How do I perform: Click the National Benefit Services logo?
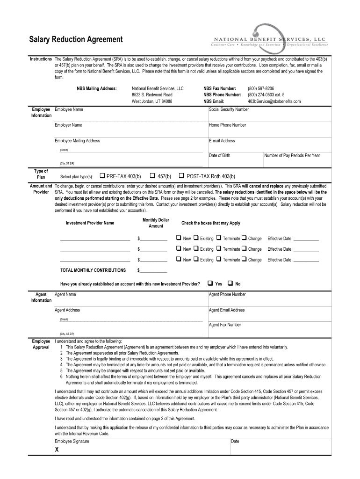[x=270, y=40]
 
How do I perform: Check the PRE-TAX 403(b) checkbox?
[x=102, y=176]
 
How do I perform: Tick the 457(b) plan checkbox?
[x=153, y=176]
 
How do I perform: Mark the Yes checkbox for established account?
[x=210, y=283]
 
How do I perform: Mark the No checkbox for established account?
[x=230, y=283]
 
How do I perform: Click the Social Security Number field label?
[x=229, y=109]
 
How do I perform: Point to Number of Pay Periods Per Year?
[x=292, y=155]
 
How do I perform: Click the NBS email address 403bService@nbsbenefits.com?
[x=274, y=101]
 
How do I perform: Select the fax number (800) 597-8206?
[x=261, y=88]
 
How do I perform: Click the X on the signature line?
[x=57, y=450]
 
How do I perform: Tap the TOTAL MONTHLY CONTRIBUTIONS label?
[x=93, y=270]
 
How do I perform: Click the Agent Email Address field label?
[x=227, y=310]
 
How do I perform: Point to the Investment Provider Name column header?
[x=90, y=223]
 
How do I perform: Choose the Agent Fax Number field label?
[x=225, y=325]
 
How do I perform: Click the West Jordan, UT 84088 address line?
[x=152, y=101]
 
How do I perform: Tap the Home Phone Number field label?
[x=227, y=125]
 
